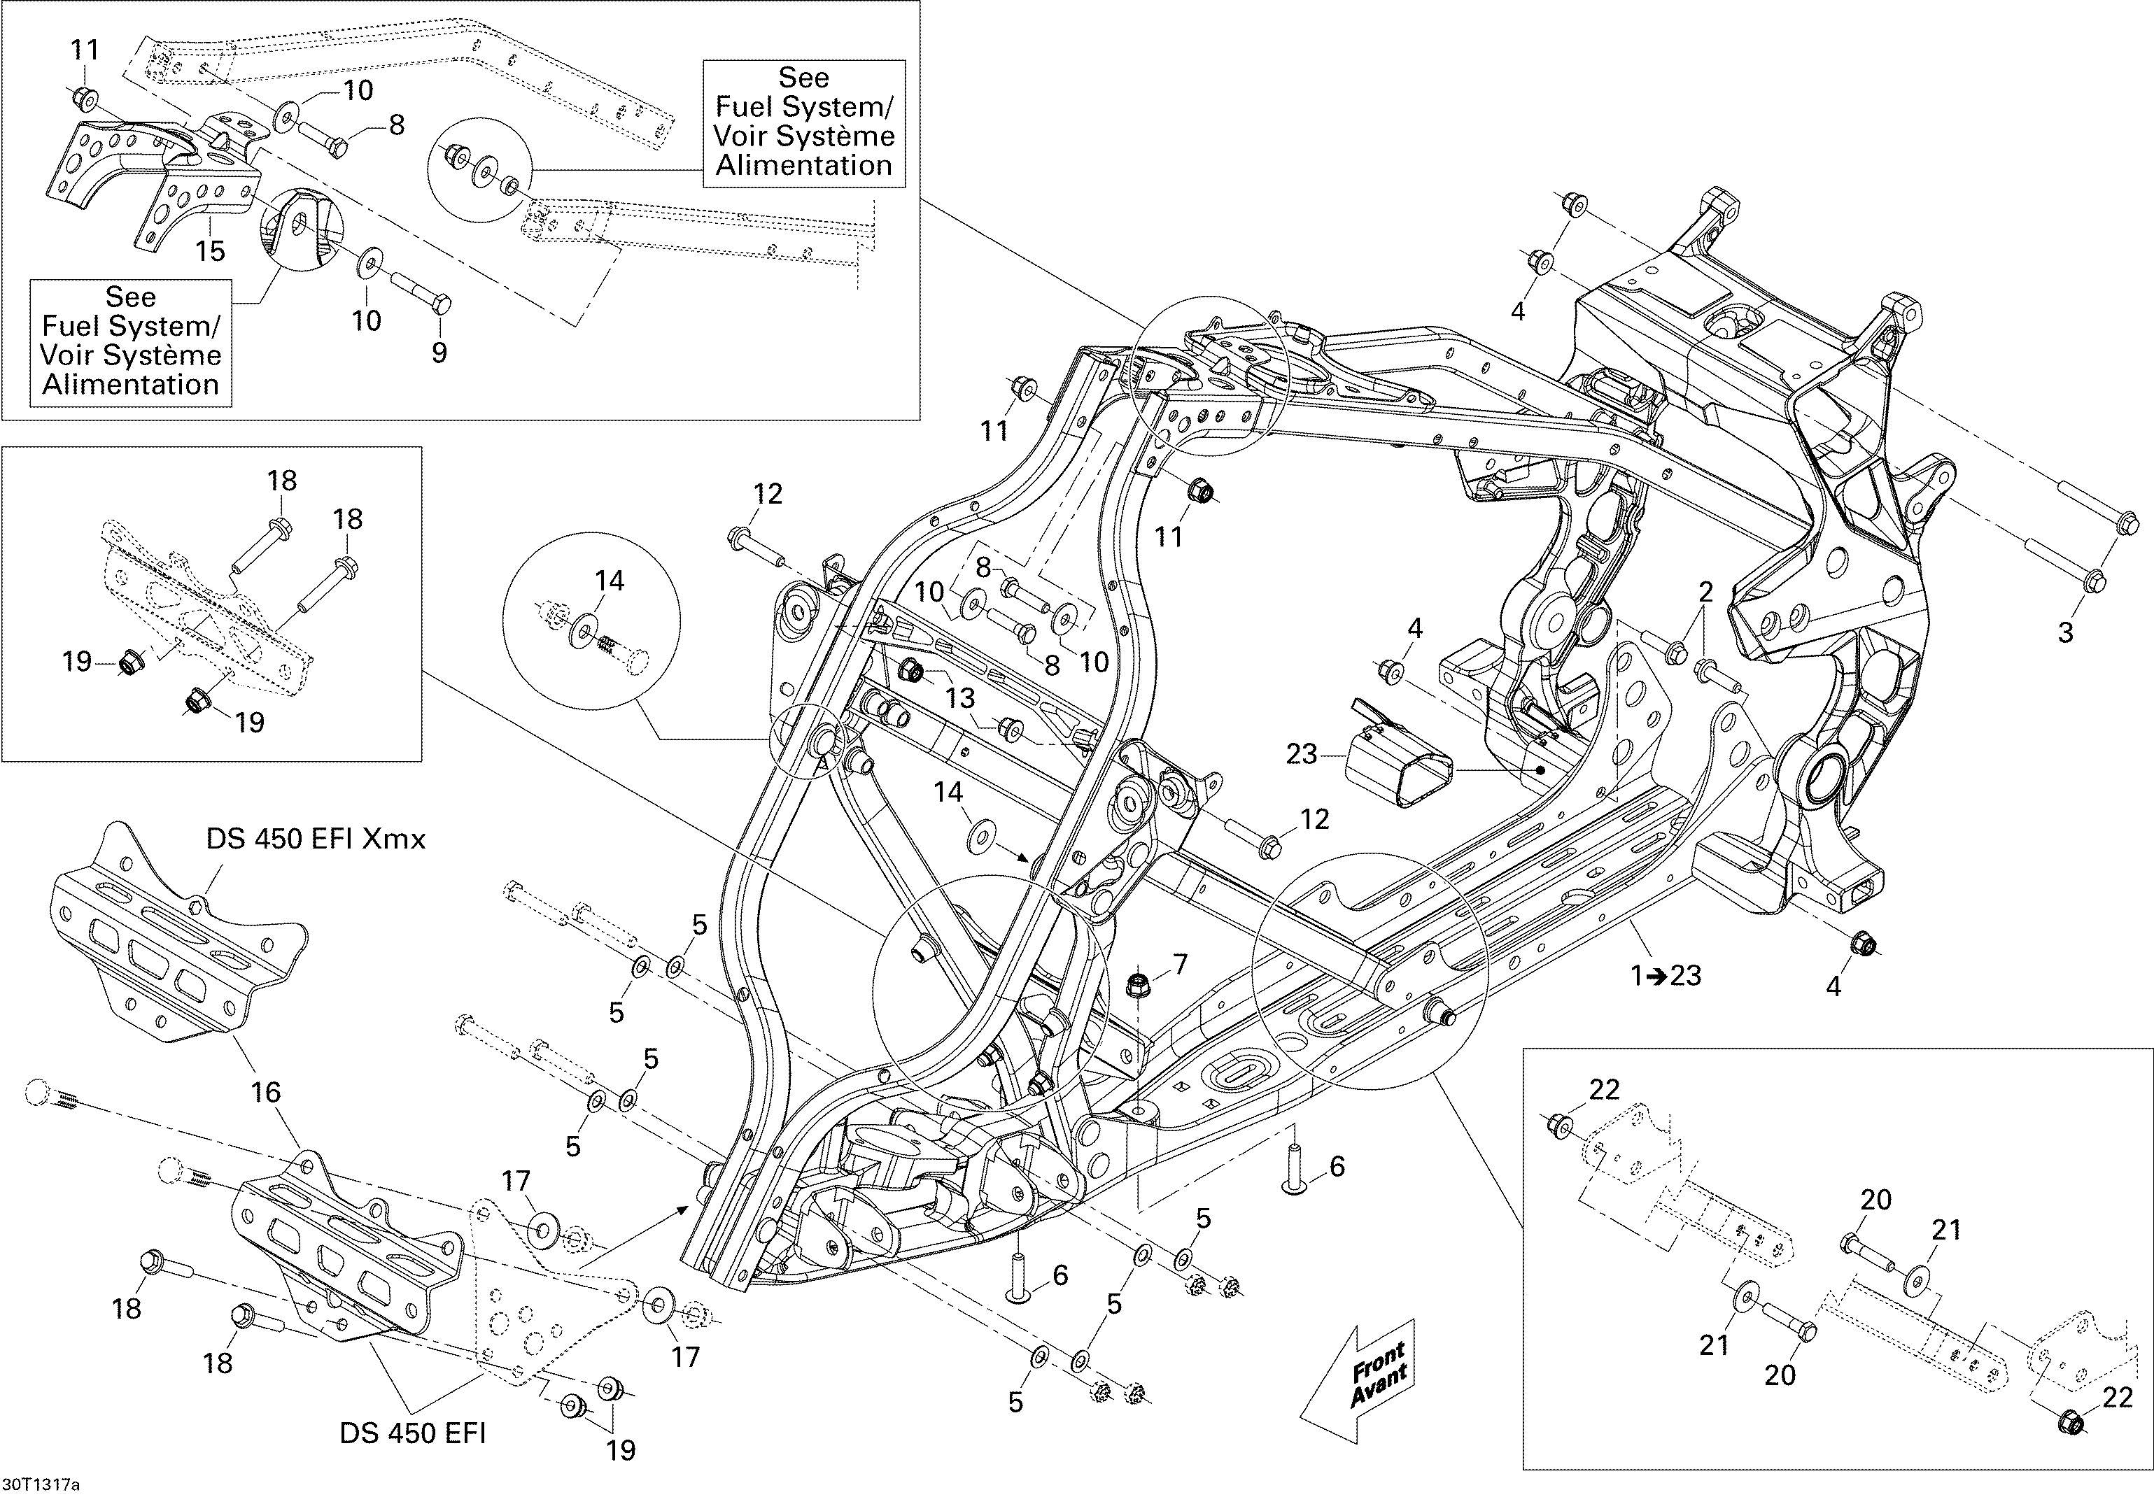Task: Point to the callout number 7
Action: point(1179,963)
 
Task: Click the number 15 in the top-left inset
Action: point(210,250)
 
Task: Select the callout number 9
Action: point(439,353)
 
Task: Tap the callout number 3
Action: point(2065,632)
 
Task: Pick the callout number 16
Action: point(265,1092)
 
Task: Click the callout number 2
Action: point(1705,592)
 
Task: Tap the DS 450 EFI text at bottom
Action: point(413,1433)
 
